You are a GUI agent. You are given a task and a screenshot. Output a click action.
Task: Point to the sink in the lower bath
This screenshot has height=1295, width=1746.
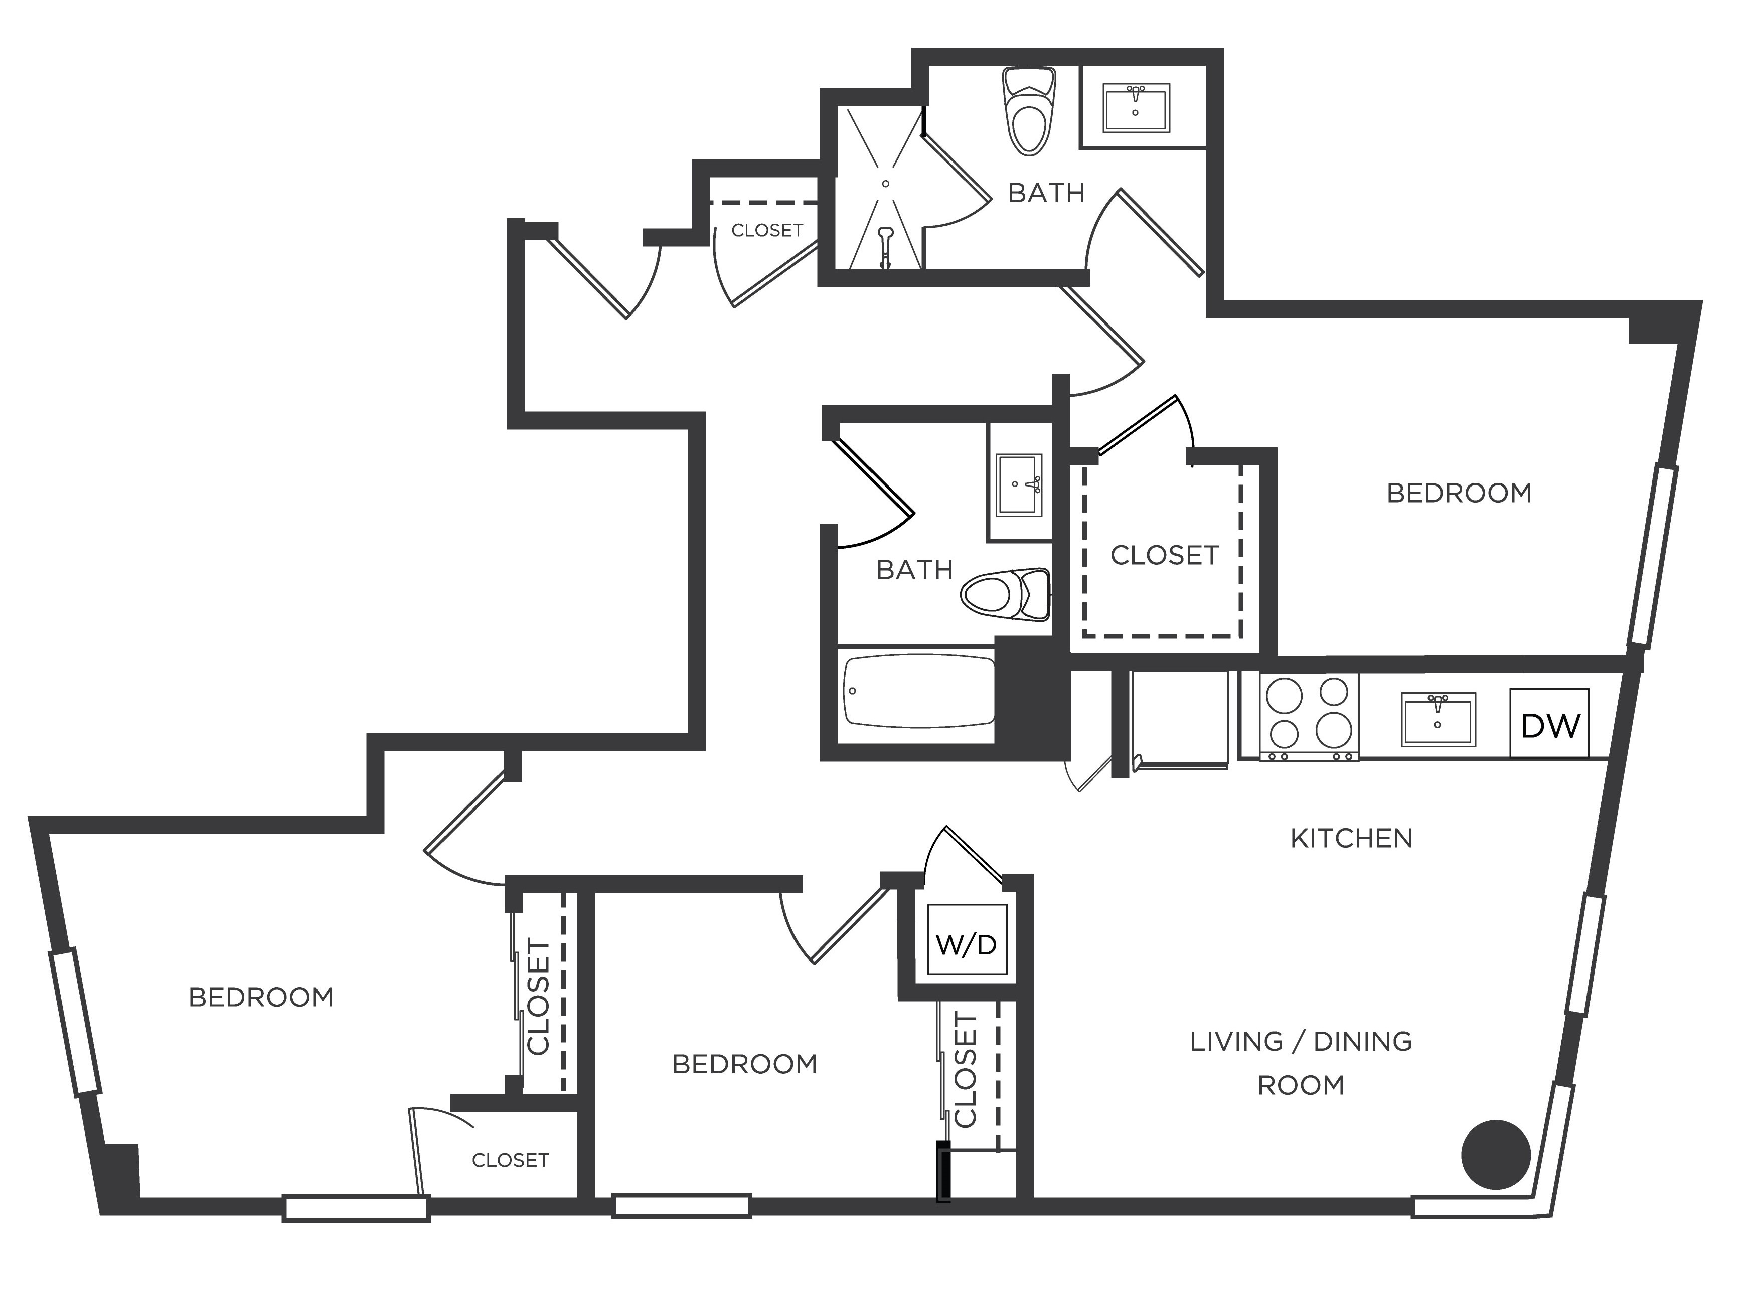tap(1018, 485)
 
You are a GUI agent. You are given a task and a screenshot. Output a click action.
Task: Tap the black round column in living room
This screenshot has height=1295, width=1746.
tap(1496, 1155)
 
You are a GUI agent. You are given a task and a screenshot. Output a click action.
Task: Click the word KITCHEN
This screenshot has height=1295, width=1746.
tap(1351, 839)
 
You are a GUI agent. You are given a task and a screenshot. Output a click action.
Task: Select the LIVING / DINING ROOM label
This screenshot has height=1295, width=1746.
tap(1301, 1063)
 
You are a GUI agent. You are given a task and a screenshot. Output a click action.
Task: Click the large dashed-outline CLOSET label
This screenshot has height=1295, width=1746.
tap(1164, 555)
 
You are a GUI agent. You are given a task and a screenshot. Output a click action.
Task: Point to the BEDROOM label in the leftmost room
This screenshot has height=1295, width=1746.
tap(261, 997)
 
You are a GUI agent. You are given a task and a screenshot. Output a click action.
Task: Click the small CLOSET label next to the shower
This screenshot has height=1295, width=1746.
tap(767, 231)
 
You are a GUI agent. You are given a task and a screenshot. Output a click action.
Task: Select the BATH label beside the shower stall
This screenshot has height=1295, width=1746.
tap(1046, 193)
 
